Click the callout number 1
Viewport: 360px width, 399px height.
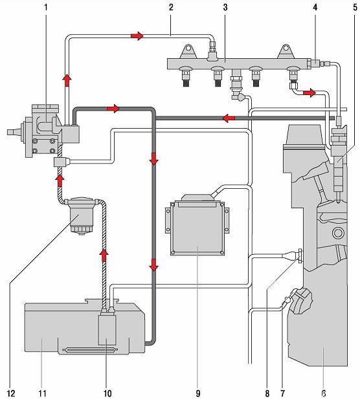pos(46,7)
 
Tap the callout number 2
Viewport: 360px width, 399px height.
pos(171,7)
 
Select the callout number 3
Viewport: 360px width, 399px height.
pos(225,7)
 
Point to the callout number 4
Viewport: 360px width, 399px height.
pos(315,7)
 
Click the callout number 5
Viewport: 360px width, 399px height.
pos(355,7)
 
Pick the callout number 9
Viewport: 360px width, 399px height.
pos(198,393)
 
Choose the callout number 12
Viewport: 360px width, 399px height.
pos(11,393)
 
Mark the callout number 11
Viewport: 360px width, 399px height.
pos(42,393)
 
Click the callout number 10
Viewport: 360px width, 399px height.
pos(107,393)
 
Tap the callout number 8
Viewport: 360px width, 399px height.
pos(267,393)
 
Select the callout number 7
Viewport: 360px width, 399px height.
pos(283,393)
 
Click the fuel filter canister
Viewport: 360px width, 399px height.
pos(82,216)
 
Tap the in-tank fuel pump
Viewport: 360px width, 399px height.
pos(107,329)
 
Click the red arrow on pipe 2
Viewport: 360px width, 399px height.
pos(137,36)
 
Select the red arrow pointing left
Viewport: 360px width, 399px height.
pos(229,118)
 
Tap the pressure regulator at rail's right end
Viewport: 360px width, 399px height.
pos(317,63)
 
